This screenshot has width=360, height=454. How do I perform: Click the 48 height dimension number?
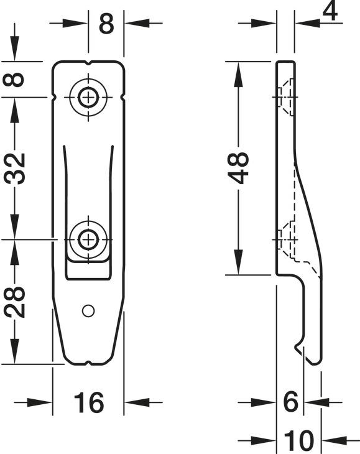[x=239, y=167]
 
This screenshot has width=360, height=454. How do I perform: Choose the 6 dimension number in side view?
[x=290, y=403]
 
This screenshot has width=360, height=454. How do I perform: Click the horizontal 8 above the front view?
[x=106, y=24]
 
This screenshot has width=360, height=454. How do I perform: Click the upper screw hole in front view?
[x=89, y=97]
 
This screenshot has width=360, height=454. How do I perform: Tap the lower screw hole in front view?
[x=89, y=238]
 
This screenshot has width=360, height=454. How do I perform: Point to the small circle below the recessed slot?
[x=88, y=308]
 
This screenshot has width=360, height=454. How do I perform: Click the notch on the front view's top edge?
[x=89, y=63]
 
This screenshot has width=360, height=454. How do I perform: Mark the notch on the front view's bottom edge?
[x=89, y=362]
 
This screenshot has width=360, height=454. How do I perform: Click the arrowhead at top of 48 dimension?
[x=239, y=69]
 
